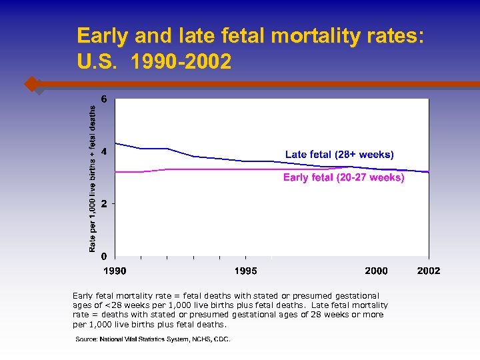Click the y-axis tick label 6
point(103,99)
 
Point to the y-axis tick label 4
point(103,151)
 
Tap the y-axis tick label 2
point(103,203)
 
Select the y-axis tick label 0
point(103,256)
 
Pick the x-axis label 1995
point(245,271)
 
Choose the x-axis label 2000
point(376,271)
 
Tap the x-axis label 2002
point(429,271)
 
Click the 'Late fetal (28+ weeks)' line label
point(339,155)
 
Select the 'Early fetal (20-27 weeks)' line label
point(343,177)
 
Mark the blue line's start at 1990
point(116,143)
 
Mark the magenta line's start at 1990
point(116,172)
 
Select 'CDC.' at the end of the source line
point(221,339)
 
